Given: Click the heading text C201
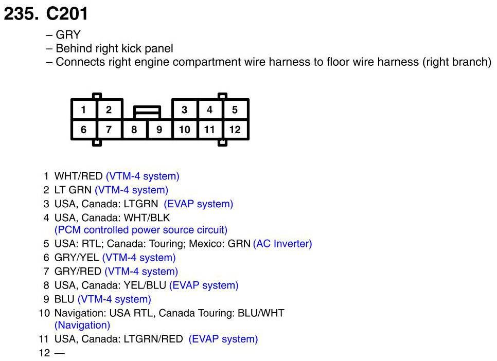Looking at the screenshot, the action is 67,14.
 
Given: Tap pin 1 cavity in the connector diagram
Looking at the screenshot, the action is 83,110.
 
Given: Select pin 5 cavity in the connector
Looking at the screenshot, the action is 235,110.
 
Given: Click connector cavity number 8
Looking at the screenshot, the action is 134,130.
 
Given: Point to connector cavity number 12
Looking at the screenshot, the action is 235,130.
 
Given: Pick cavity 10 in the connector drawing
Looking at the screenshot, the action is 184,130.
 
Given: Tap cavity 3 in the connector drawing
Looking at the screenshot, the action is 184,110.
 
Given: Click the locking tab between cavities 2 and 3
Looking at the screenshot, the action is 147,112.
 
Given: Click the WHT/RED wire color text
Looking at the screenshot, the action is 79,176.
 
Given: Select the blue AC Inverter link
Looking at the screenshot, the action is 282,244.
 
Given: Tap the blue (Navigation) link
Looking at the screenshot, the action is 82,325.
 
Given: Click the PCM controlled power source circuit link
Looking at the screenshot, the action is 140,230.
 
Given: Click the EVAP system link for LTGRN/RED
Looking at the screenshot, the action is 223,339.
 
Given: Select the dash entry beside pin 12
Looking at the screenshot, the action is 60,353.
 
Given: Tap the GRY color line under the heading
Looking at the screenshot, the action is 68,35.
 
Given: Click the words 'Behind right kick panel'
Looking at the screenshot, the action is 114,49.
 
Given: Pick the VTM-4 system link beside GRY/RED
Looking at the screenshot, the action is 141,272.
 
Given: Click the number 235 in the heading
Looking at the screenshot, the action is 21,14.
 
